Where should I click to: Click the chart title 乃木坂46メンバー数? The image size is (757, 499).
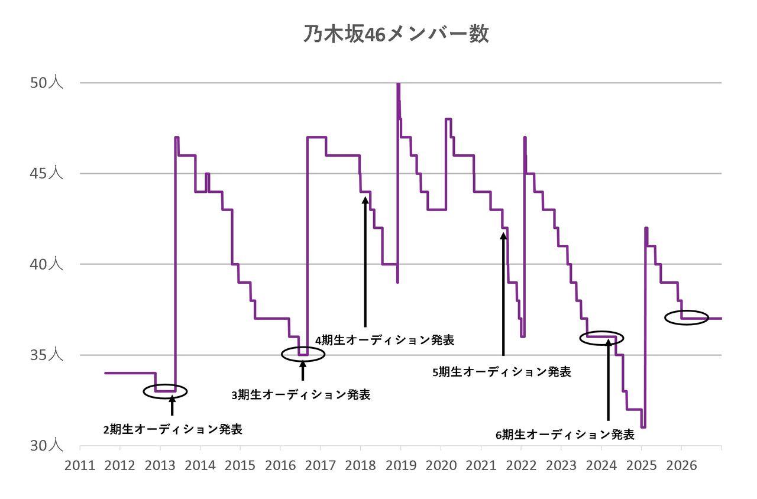point(396,34)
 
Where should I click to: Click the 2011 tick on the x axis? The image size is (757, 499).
point(79,465)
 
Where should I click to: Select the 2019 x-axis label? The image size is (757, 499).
point(400,465)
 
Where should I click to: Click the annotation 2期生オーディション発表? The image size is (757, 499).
point(173,430)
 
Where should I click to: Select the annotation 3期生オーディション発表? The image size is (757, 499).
point(301,395)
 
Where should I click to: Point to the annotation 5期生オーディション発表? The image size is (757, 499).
point(502,372)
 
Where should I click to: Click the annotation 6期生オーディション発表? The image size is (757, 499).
point(565,435)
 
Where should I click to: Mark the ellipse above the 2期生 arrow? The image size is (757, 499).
point(165,391)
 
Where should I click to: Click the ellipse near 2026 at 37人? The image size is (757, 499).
point(687,317)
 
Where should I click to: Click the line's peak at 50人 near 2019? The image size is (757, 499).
point(398,85)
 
